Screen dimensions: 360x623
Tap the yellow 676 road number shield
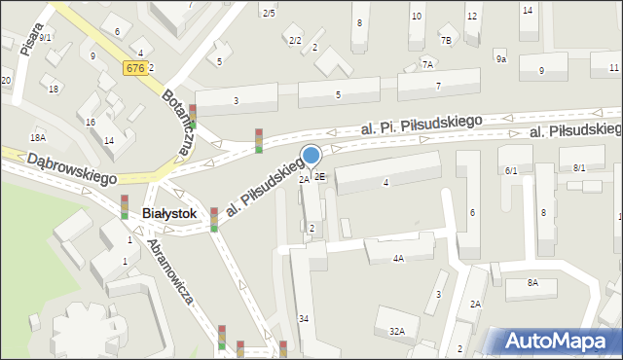134,67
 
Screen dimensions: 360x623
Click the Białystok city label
169,213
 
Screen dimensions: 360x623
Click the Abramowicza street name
170,274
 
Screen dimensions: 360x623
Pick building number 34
304,319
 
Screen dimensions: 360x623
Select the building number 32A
396,331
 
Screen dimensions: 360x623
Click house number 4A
398,259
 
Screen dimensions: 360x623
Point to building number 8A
532,282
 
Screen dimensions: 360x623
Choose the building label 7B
446,41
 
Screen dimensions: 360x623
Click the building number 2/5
269,13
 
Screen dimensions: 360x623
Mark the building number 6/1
511,170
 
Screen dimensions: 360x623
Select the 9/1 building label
45,37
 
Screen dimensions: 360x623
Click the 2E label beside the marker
319,177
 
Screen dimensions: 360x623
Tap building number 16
91,122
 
